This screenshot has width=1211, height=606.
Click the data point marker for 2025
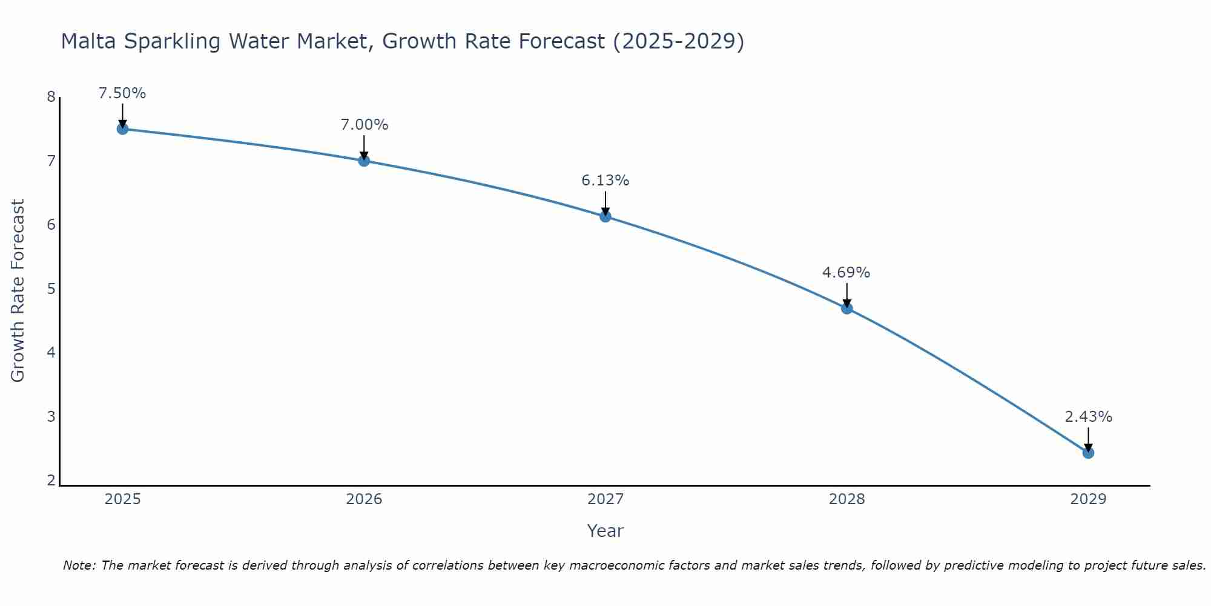tap(122, 128)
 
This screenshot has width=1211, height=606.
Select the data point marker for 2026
tap(364, 161)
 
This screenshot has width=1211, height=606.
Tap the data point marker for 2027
tap(605, 216)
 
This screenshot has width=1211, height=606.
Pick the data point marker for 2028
tap(846, 308)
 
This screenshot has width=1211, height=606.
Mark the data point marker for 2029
tap(1088, 453)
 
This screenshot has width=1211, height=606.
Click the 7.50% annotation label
tap(122, 93)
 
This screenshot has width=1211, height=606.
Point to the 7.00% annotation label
tap(364, 125)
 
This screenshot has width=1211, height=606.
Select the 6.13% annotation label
tap(605, 181)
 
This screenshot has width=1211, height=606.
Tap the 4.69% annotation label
tap(846, 273)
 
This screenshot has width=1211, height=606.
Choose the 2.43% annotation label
tap(1088, 417)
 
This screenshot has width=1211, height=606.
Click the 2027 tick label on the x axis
tap(605, 499)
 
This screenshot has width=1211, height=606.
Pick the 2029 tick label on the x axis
tap(1088, 499)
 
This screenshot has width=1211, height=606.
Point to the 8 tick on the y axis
tap(51, 97)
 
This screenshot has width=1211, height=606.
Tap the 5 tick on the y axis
tap(51, 288)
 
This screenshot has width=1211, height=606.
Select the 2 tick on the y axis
tap(51, 481)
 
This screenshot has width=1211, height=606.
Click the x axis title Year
tap(605, 531)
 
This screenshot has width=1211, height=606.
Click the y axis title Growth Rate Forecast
tap(18, 291)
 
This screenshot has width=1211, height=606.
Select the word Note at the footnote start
tap(78, 565)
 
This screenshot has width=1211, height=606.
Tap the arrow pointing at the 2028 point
tap(846, 295)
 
